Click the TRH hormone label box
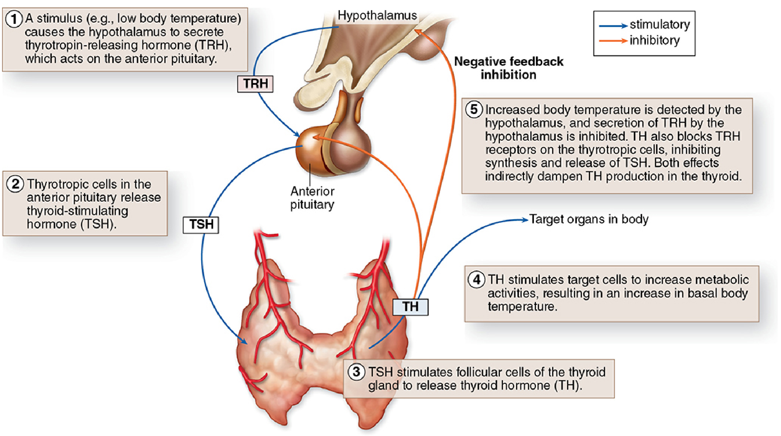tap(255, 84)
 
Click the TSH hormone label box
tap(201, 225)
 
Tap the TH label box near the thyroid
tap(410, 307)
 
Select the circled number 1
tap(14, 19)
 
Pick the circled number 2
tap(15, 184)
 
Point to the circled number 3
tap(356, 372)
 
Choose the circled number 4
tap(476, 279)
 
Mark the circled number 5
tap(474, 110)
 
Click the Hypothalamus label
tap(377, 15)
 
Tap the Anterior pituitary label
tap(312, 198)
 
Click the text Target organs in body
tap(589, 219)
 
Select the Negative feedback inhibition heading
tap(509, 68)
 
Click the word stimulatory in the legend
tap(660, 25)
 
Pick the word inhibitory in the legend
tap(654, 41)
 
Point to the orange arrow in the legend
tap(613, 41)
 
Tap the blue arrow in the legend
tap(613, 26)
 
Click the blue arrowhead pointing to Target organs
tap(525, 220)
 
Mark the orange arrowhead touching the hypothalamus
tap(418, 32)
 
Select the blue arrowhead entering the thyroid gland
tap(243, 341)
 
